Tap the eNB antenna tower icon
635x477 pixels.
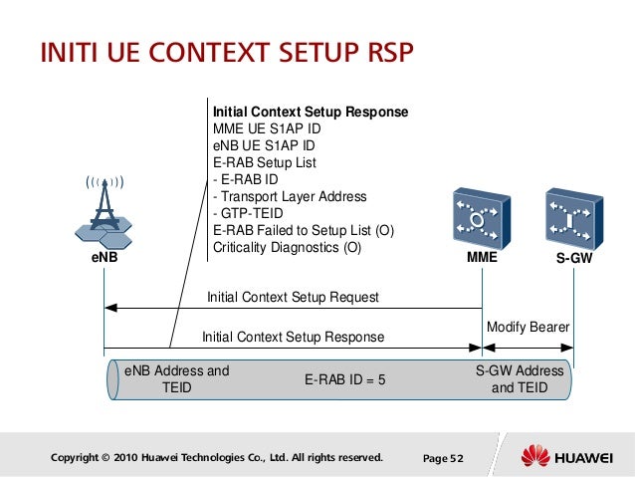104,214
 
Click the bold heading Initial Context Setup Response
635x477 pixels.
311,113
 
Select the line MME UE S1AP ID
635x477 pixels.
267,129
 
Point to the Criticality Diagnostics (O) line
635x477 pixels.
288,248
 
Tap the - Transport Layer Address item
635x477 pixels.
290,197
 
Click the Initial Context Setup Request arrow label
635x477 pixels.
293,297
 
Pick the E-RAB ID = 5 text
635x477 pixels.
344,379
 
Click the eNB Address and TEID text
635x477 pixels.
176,379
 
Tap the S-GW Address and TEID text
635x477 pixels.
520,379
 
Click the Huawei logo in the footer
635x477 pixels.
562,457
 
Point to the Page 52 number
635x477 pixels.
443,458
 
